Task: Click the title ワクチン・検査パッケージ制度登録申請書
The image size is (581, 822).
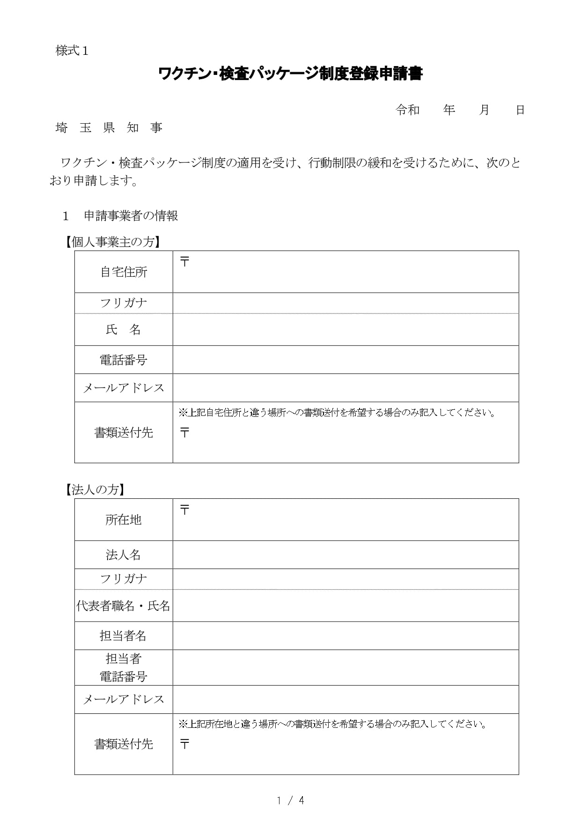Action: (290, 74)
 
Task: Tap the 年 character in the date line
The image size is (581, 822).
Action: (449, 110)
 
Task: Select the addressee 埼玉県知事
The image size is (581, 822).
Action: (109, 128)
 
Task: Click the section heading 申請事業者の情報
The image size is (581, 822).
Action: (131, 216)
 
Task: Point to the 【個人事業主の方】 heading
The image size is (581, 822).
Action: (112, 242)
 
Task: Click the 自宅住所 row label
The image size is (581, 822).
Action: (124, 272)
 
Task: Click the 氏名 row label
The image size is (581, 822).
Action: (124, 330)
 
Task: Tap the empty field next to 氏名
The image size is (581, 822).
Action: (346, 330)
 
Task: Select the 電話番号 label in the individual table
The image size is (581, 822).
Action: (124, 360)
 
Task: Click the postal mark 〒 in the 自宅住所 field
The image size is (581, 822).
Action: (185, 262)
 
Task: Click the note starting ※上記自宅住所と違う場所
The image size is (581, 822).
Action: (337, 413)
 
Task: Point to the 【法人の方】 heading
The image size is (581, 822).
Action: (95, 489)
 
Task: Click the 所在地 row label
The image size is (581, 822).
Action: (124, 520)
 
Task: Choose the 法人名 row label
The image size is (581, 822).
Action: (124, 555)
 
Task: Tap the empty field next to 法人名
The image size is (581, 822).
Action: (346, 555)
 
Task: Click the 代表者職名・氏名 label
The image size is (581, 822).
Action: (124, 606)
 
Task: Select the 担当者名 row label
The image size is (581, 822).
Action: (124, 636)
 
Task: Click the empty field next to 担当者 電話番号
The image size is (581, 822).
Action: (346, 667)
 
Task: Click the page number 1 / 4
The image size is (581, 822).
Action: (290, 800)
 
